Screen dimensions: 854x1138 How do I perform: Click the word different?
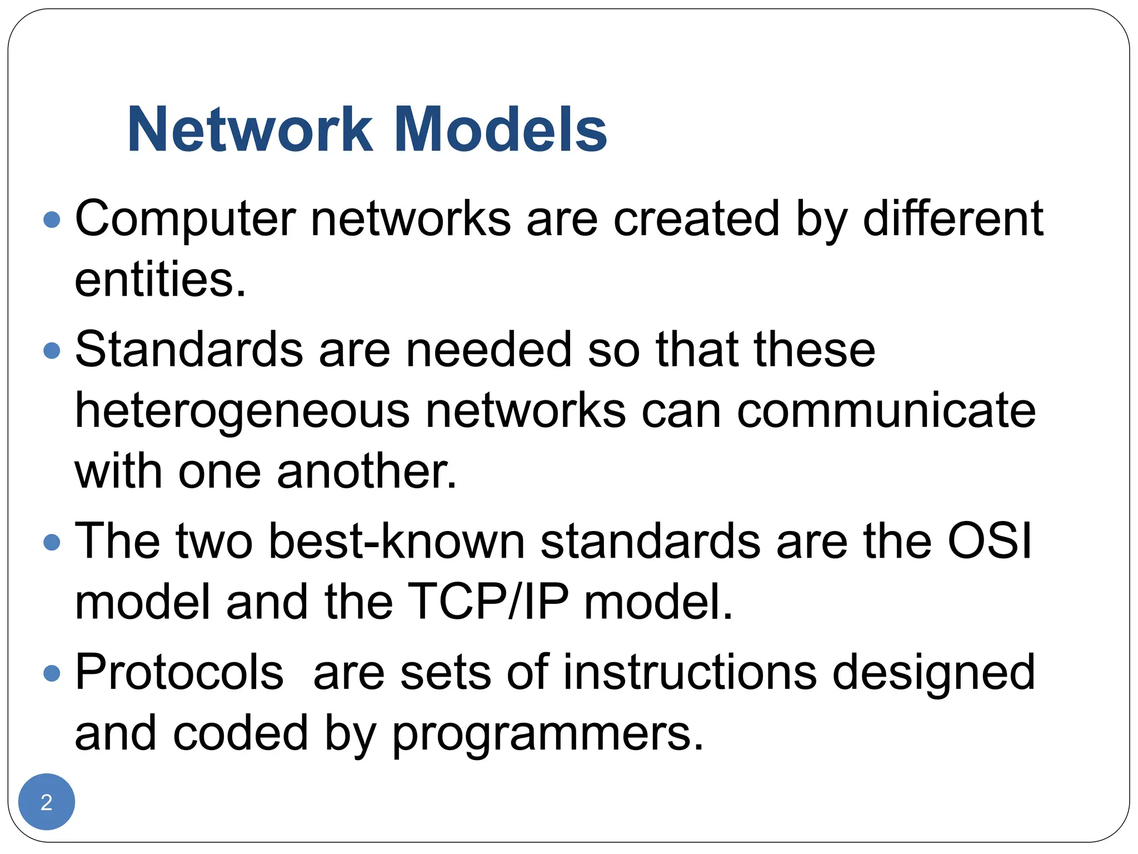[952, 219]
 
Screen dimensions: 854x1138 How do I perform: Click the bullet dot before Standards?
[52, 350]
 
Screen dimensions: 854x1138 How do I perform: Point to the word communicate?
[886, 411]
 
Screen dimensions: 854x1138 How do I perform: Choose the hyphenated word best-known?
[397, 541]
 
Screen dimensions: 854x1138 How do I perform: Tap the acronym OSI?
[989, 541]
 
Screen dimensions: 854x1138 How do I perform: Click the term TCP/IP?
[488, 602]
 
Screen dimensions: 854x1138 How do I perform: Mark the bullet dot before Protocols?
[52, 673]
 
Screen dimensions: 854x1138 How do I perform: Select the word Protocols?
[179, 673]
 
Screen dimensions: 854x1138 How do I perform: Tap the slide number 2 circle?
[47, 802]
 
